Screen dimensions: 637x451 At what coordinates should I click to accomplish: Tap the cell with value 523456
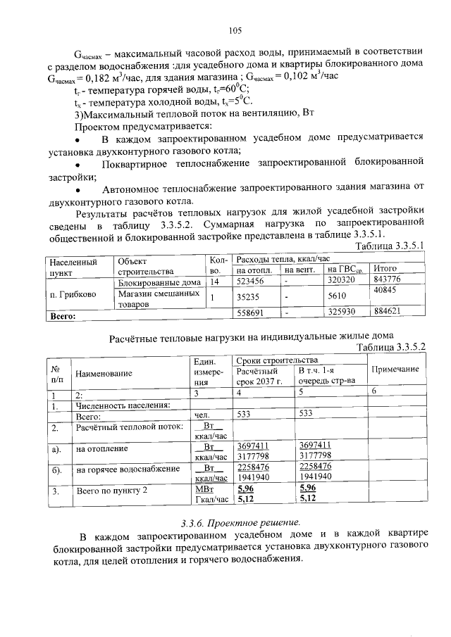(x=250, y=282)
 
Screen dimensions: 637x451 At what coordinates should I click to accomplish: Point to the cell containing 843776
(x=388, y=281)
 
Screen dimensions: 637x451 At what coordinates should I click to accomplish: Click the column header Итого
(x=385, y=269)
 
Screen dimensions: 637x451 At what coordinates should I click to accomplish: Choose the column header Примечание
(x=395, y=369)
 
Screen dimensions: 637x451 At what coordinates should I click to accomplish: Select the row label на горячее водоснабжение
(x=123, y=470)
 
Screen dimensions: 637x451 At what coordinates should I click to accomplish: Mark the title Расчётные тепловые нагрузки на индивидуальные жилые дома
(x=251, y=336)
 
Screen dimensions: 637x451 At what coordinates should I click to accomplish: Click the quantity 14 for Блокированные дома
(x=216, y=282)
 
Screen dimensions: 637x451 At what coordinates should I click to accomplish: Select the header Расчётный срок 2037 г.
(x=259, y=376)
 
